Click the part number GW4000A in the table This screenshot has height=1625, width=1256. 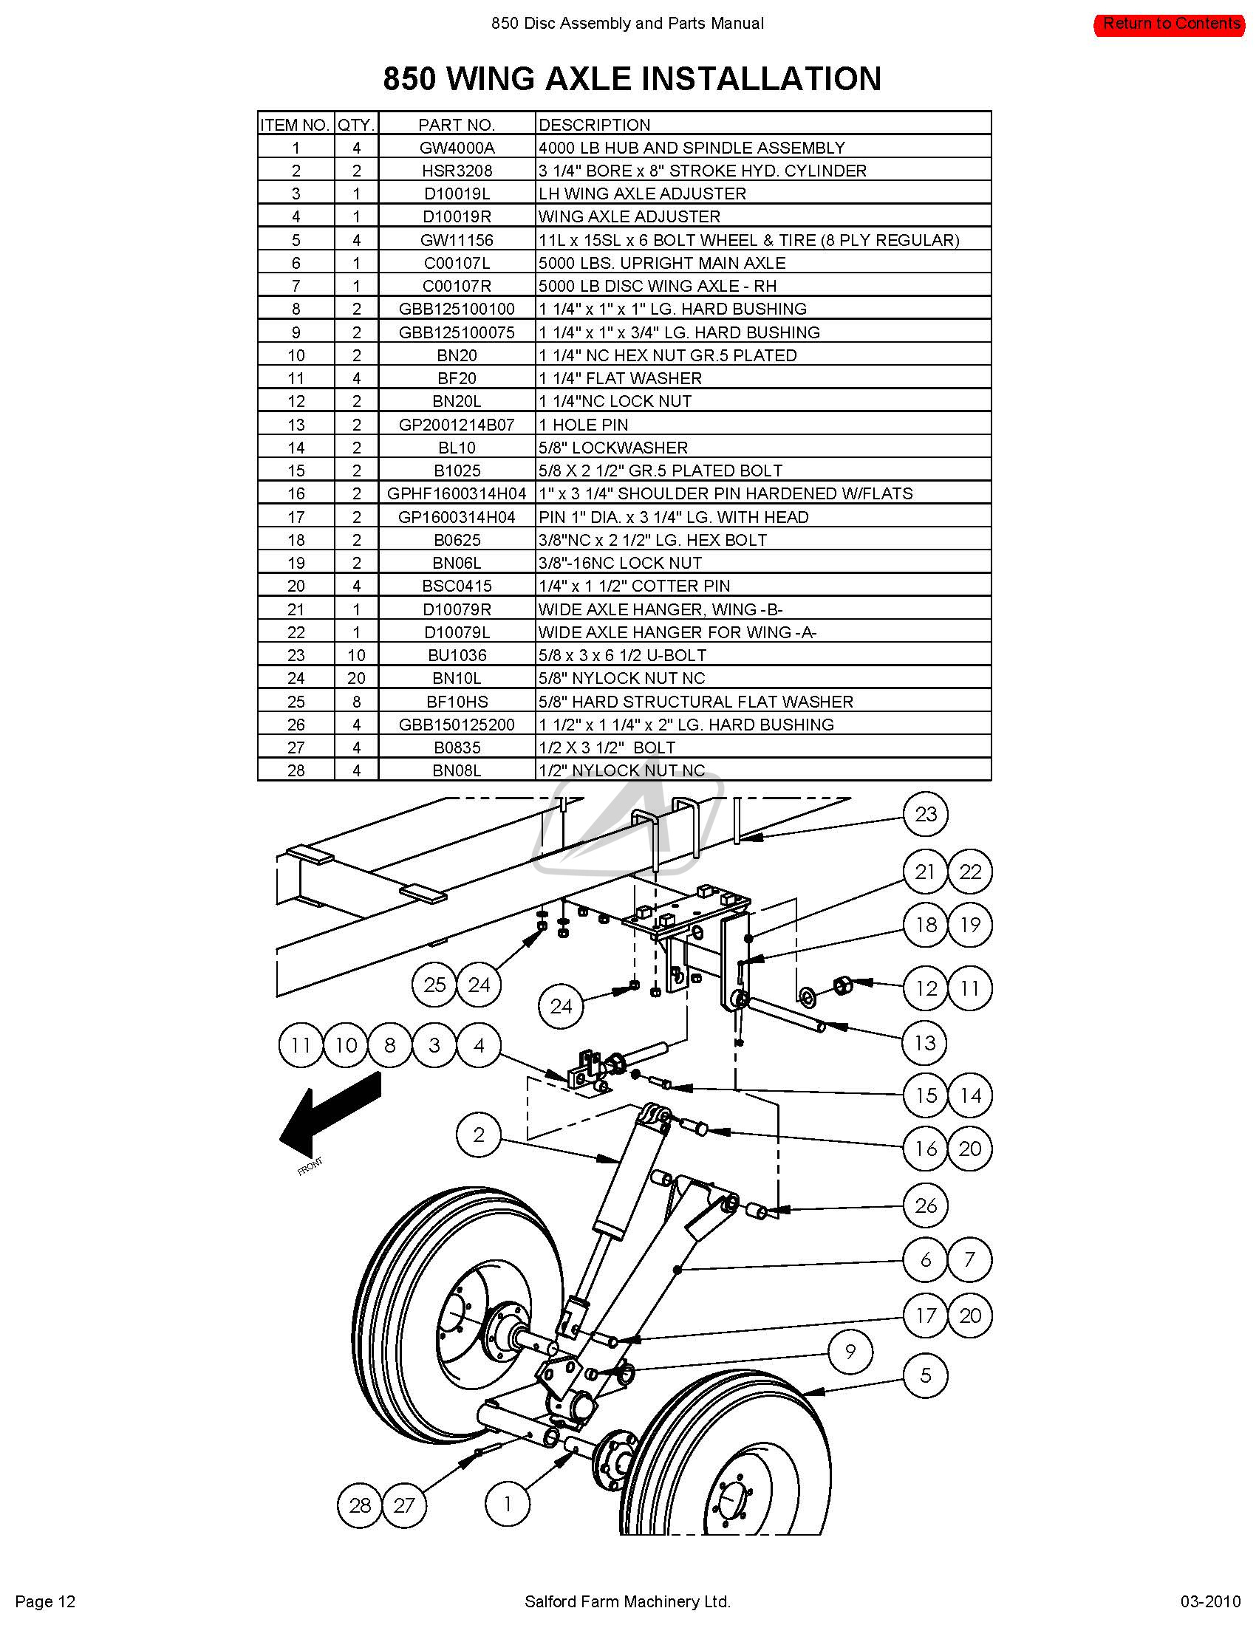click(x=457, y=147)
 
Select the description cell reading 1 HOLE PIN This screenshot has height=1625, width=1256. click(x=584, y=425)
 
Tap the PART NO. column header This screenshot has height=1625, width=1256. click(x=456, y=124)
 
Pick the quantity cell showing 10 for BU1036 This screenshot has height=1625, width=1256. click(x=356, y=655)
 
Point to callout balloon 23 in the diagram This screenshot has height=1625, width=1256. click(x=925, y=814)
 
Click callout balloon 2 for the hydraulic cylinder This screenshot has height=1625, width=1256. click(x=479, y=1135)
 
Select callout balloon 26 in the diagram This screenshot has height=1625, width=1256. click(x=925, y=1205)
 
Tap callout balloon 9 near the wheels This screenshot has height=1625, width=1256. click(x=850, y=1351)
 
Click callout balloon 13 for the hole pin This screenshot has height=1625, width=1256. click(x=925, y=1042)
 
